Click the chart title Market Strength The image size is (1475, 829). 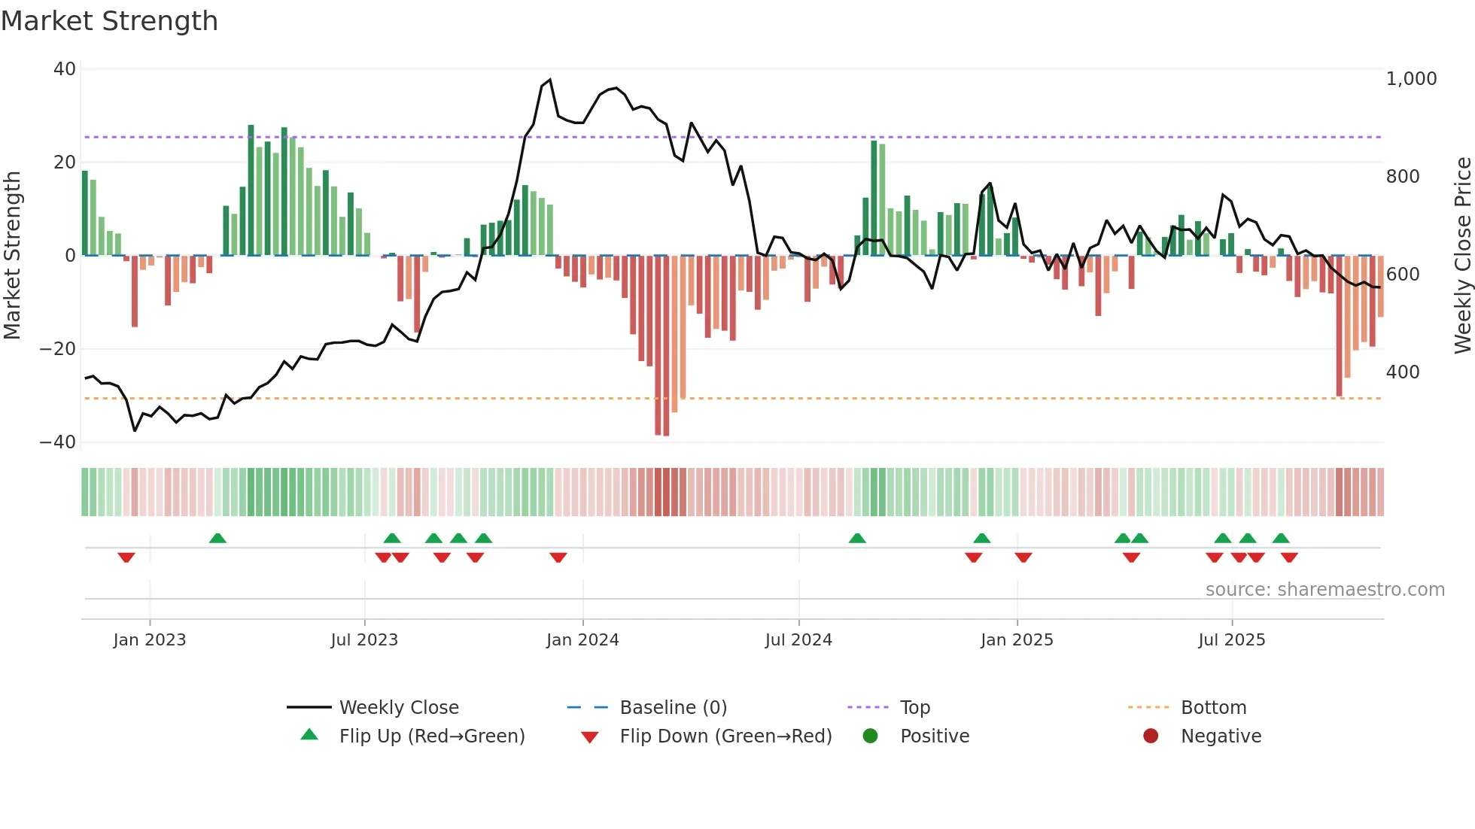tap(110, 21)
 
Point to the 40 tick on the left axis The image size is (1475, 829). tap(65, 69)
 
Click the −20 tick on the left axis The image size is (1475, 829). tap(58, 349)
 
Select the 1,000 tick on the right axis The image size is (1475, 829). tap(1411, 79)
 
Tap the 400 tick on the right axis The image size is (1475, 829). tap(1403, 372)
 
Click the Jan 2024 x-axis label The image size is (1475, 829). tap(582, 640)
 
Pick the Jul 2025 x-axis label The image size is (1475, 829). tap(1232, 640)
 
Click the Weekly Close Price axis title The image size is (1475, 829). tap(1462, 256)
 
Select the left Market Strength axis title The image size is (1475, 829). tap(13, 256)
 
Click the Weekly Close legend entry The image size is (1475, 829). tap(399, 708)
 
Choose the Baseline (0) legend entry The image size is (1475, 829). tap(673, 708)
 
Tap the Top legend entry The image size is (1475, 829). tap(915, 708)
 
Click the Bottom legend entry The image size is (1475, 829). tap(1213, 708)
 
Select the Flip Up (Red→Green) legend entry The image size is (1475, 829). tap(431, 736)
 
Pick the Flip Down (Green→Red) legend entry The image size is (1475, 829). tap(725, 736)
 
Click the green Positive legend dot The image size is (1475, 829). tap(871, 736)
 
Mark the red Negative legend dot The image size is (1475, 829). tap(1151, 736)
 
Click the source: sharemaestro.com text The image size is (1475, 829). tap(1324, 590)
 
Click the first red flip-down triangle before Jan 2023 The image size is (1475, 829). tap(126, 557)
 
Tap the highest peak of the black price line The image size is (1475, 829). tap(550, 80)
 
